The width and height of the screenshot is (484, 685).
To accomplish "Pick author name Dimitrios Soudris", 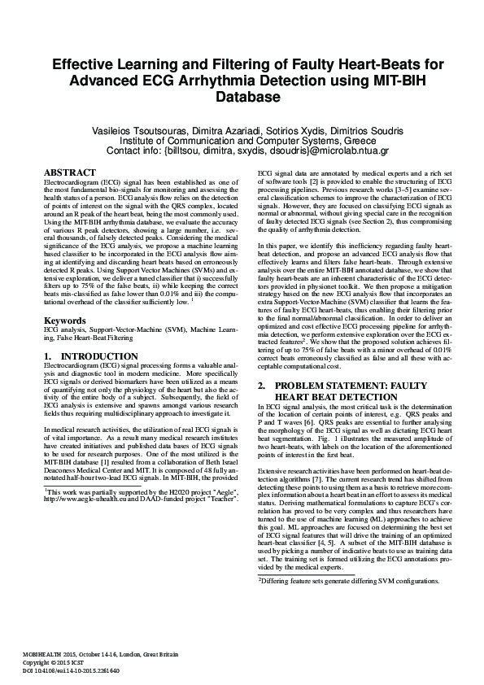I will [361, 129].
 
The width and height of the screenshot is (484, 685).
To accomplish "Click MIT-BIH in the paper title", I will [392, 81].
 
